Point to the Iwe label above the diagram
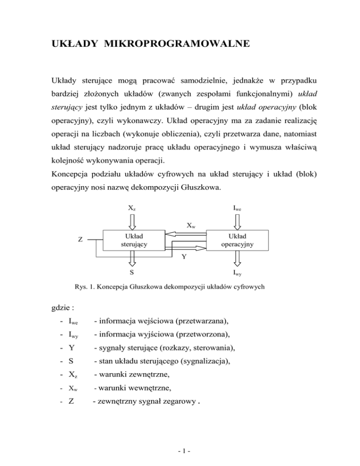point(238,207)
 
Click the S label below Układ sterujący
point(133,272)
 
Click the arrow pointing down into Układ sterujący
point(133,221)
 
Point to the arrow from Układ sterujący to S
point(133,257)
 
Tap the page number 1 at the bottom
point(180,453)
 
